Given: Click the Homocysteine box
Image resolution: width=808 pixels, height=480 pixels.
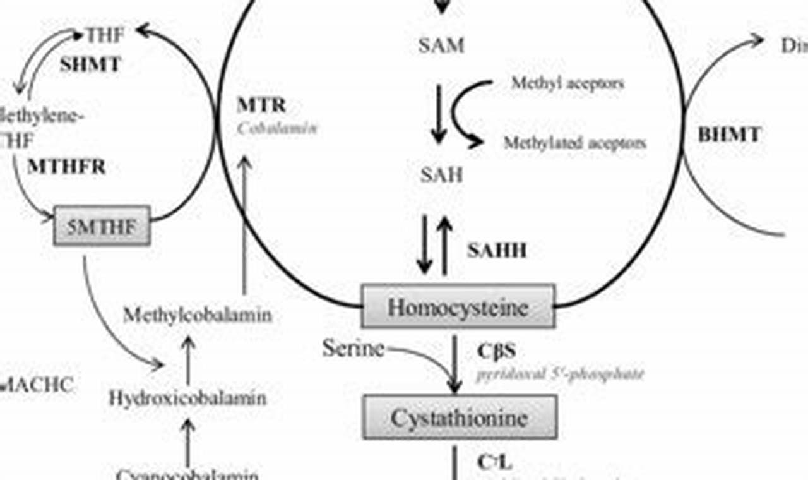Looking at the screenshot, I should click(x=458, y=307).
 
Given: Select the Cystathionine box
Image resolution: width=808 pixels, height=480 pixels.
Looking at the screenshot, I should click(x=459, y=417).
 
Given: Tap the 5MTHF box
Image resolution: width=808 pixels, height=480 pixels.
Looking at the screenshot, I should click(x=102, y=225).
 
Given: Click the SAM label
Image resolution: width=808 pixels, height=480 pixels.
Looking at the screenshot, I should click(x=441, y=45).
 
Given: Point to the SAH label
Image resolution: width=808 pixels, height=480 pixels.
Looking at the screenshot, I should click(x=441, y=175).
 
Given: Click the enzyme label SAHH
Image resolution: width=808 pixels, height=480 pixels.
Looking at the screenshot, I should click(x=497, y=251).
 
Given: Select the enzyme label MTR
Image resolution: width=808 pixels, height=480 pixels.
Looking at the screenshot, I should click(x=261, y=104).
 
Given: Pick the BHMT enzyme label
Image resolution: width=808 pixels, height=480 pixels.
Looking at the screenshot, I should click(x=729, y=134).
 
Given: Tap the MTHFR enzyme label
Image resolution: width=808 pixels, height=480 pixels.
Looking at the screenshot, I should click(x=66, y=167).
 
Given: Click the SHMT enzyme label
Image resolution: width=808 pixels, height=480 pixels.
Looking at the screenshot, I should click(x=90, y=64).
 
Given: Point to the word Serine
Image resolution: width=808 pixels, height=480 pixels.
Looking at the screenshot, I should click(x=353, y=347).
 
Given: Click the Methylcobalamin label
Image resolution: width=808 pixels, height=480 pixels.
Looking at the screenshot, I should click(x=197, y=315).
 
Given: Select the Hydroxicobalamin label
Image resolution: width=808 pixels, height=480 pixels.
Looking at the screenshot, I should click(x=187, y=398).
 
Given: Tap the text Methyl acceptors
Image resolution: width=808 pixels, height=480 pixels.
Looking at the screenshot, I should click(x=567, y=83).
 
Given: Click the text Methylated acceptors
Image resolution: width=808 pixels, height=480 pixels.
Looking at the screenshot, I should click(x=574, y=143).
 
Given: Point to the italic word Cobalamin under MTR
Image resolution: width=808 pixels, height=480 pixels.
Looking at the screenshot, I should click(x=277, y=128).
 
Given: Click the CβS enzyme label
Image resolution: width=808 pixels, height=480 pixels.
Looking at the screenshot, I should click(x=496, y=351).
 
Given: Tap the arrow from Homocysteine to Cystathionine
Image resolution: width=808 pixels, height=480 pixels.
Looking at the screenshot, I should click(x=454, y=363).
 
